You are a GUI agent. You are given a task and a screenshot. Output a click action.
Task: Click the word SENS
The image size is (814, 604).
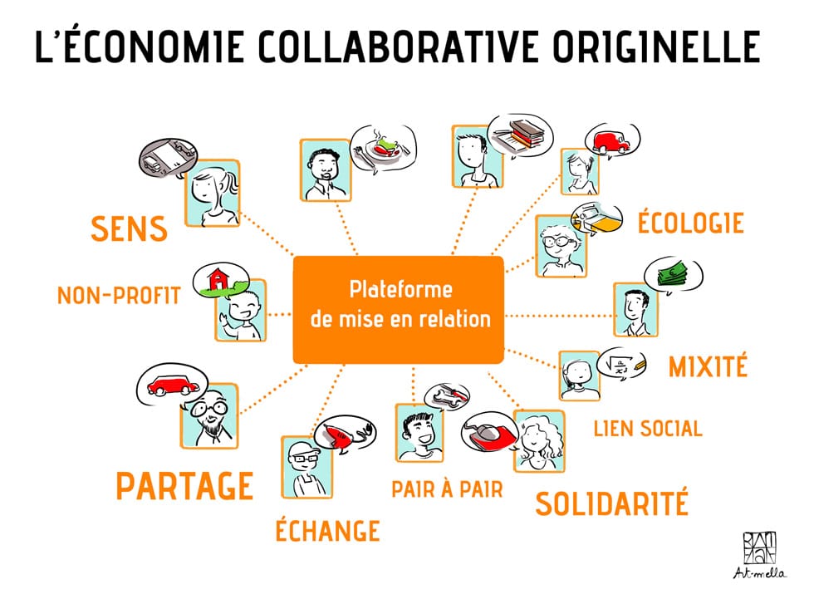point(129,229)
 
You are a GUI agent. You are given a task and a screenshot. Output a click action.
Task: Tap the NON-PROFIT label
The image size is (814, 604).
point(118,296)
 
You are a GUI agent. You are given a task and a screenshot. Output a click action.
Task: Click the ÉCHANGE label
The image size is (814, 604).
point(327,530)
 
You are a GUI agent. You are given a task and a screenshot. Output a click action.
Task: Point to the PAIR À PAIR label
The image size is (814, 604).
point(448,489)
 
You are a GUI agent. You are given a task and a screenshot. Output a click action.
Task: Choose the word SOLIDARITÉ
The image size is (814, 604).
point(611,503)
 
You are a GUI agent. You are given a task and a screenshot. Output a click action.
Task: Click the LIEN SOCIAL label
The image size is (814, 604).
point(648,429)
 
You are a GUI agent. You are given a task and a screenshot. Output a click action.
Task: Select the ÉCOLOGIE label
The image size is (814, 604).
point(690,223)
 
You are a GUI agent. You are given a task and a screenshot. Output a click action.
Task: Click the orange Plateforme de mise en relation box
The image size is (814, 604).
point(398,310)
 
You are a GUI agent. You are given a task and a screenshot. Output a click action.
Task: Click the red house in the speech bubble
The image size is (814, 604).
point(217,279)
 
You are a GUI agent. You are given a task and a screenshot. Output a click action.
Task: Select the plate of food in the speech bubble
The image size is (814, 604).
point(383,148)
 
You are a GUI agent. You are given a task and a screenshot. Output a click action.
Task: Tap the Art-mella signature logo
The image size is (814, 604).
point(759,555)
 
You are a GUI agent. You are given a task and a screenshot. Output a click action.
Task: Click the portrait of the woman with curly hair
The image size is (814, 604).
point(539,441)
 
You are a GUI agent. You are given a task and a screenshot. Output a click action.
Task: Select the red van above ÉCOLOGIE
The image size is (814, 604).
point(611,141)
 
